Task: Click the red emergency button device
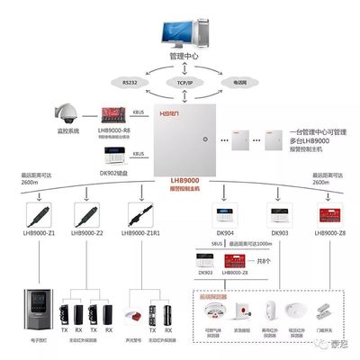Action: click(240, 311)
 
